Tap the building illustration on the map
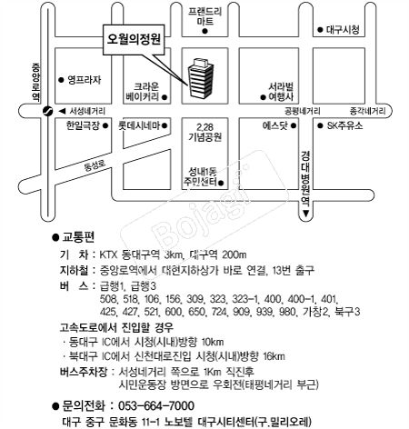tap(201, 78)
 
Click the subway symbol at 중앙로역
tap(47, 111)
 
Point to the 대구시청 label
tap(343, 30)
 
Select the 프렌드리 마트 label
tap(204, 16)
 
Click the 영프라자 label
tap(84, 80)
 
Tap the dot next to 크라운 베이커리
tap(165, 97)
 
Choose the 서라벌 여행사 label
tap(281, 92)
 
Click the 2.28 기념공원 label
tap(204, 132)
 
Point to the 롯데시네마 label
tap(139, 125)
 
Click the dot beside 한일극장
tap(105, 125)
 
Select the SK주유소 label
tap(344, 125)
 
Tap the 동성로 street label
tap(95, 165)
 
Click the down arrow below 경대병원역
tap(305, 214)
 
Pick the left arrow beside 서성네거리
tap(62, 111)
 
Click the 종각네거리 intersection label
tap(367, 111)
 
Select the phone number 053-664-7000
tap(156, 405)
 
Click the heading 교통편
tap(78, 236)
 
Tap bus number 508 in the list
tap(108, 299)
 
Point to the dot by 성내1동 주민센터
tap(221, 183)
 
